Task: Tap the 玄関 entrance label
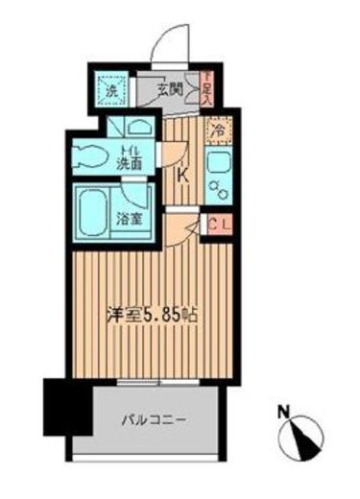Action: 170,91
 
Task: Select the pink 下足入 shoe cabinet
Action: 206,90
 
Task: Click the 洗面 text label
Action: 132,165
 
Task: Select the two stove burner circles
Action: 222,189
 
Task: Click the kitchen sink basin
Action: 218,162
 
